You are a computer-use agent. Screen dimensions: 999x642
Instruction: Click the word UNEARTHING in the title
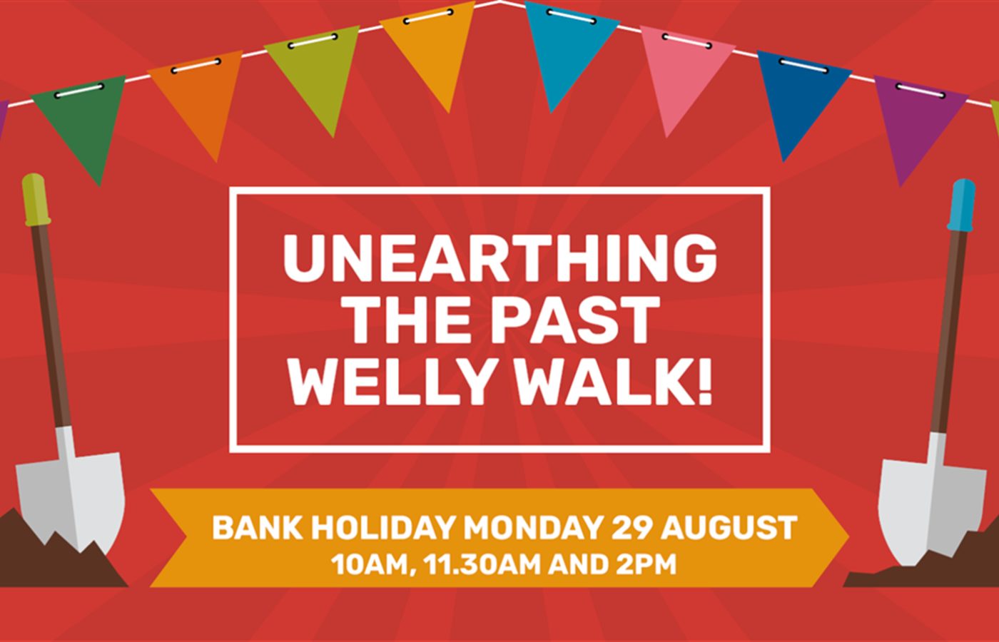(x=500, y=258)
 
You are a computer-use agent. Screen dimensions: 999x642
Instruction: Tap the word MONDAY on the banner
(x=533, y=528)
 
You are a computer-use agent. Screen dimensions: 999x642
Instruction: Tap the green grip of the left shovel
(x=35, y=198)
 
